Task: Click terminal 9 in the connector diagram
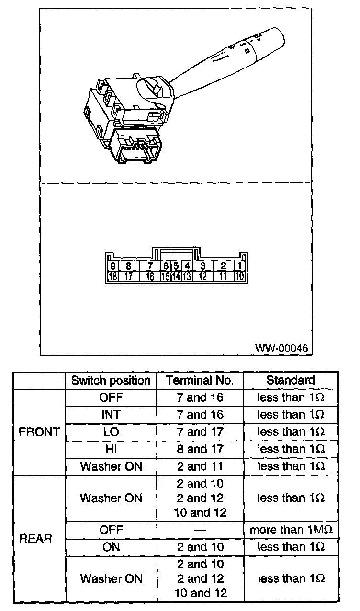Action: [x=113, y=266]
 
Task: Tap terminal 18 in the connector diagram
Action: [x=113, y=276]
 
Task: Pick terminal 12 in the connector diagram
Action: [x=203, y=276]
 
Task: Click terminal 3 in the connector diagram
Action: [x=203, y=266]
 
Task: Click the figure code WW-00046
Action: [x=281, y=347]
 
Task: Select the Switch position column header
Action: [x=111, y=381]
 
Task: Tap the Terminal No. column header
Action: [x=200, y=381]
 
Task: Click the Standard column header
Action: [x=291, y=381]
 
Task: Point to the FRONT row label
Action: [x=39, y=432]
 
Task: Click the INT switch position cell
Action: [x=111, y=415]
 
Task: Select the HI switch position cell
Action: [x=111, y=449]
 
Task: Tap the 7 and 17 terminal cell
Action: [x=200, y=432]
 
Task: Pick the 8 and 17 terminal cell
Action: [x=200, y=449]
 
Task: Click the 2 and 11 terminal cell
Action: [x=200, y=466]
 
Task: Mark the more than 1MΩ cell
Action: [x=291, y=530]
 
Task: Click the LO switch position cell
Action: [x=111, y=432]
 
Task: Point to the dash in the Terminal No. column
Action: [x=200, y=530]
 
